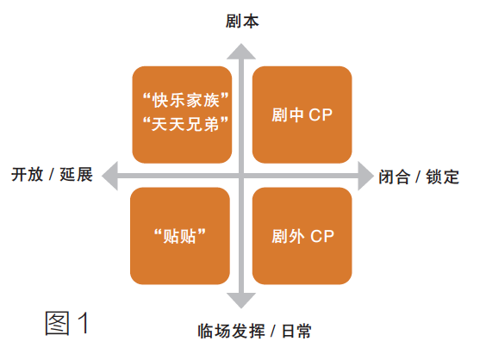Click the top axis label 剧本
242,22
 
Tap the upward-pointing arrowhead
241,52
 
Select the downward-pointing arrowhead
241,301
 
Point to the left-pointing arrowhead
110,176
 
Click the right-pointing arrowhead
365,176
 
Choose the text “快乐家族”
185,100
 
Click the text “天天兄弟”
185,124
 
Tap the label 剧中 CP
302,115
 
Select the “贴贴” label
180,236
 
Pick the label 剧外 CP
302,236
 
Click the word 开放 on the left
28,175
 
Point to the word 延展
76,175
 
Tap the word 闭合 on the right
395,177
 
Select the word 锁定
442,177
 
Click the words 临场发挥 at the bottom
232,332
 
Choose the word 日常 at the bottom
296,332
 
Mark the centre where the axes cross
241,176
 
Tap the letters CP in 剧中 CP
321,115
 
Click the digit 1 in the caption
84,322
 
